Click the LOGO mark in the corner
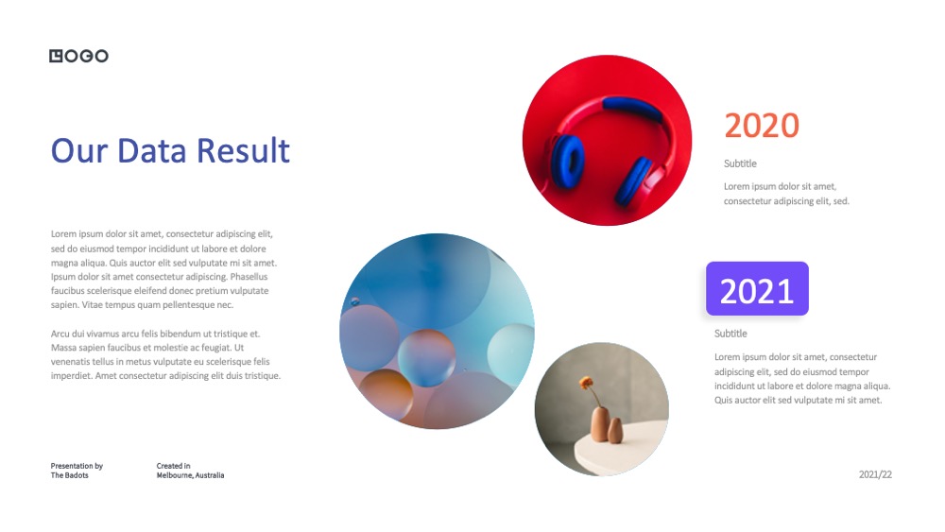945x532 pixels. (78, 56)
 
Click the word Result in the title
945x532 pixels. (243, 150)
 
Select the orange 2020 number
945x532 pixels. (761, 126)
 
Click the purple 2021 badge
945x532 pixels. (757, 288)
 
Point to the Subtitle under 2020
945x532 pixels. (740, 163)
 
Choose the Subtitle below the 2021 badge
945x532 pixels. (730, 334)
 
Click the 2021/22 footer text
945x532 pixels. (875, 474)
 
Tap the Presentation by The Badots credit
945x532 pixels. (77, 471)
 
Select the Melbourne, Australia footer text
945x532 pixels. (190, 475)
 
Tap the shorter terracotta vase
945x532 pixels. (615, 431)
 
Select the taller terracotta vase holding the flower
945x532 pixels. (600, 423)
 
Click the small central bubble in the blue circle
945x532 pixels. (427, 358)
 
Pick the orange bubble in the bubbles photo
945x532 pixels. (387, 394)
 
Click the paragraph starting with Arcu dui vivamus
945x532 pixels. (165, 355)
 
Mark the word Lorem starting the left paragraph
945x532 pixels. (62, 233)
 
